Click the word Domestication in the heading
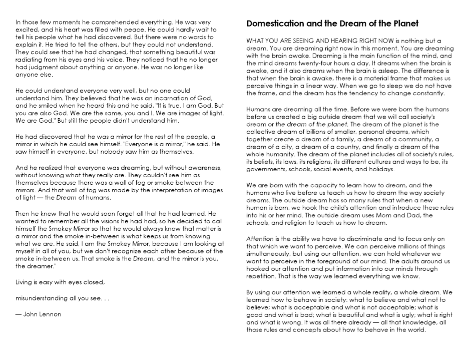(x=274, y=23)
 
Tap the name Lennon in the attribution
(x=50, y=314)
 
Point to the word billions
(x=312, y=133)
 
